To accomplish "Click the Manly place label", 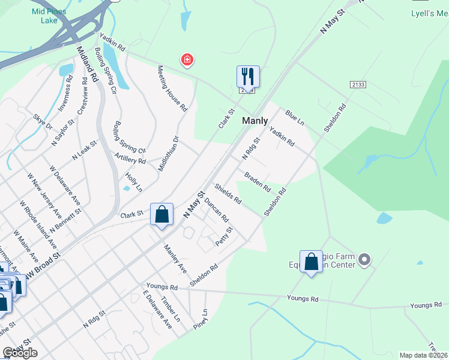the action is point(255,121).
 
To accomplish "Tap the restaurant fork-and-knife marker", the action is point(248,77).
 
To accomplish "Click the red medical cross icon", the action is point(187,59).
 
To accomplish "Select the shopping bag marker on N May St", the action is point(162,214).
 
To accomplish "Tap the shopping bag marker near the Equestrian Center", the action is point(311,262).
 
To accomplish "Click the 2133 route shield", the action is point(358,85).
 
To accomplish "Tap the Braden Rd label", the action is point(257,182).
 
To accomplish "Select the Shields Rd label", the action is point(228,194).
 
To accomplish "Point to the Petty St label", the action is point(224,236).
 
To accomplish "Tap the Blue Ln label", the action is point(295,117).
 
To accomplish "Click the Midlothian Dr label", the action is point(168,154).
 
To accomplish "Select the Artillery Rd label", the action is point(130,158).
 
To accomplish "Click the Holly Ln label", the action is point(134,182).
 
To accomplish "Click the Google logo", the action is point(20,353).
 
